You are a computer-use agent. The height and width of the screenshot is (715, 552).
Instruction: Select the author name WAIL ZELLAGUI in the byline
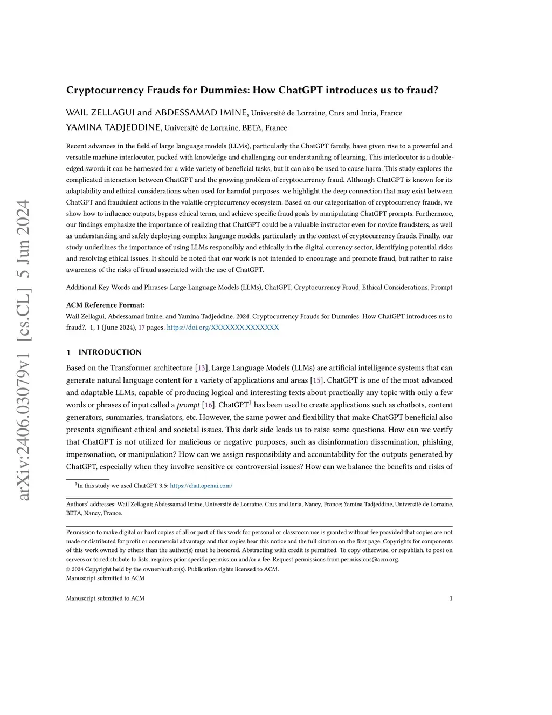[100, 113]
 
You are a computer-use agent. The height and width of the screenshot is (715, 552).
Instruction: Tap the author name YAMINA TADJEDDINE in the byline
[113, 127]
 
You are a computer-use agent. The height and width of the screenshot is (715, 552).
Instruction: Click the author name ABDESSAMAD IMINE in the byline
[201, 113]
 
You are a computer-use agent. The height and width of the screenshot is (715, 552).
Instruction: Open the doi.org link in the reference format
[223, 328]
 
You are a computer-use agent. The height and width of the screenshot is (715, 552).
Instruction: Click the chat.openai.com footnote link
[201, 486]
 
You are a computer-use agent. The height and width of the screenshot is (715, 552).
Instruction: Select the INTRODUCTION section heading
[110, 352]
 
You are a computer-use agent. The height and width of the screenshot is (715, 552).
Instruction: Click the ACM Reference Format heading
[105, 305]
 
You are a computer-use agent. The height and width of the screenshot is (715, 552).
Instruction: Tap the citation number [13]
[202, 368]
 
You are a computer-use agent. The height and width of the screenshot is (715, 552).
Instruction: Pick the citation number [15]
[317, 380]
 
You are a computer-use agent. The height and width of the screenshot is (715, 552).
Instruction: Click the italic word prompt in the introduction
[188, 405]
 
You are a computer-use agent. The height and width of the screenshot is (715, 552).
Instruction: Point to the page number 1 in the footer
[451, 598]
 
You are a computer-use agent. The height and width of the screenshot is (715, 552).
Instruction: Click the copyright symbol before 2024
[68, 569]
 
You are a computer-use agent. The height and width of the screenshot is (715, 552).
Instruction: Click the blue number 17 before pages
[142, 328]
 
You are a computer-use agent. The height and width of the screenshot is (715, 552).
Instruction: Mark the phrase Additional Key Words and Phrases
[116, 288]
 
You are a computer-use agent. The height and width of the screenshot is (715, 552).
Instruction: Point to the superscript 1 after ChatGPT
[250, 403]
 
